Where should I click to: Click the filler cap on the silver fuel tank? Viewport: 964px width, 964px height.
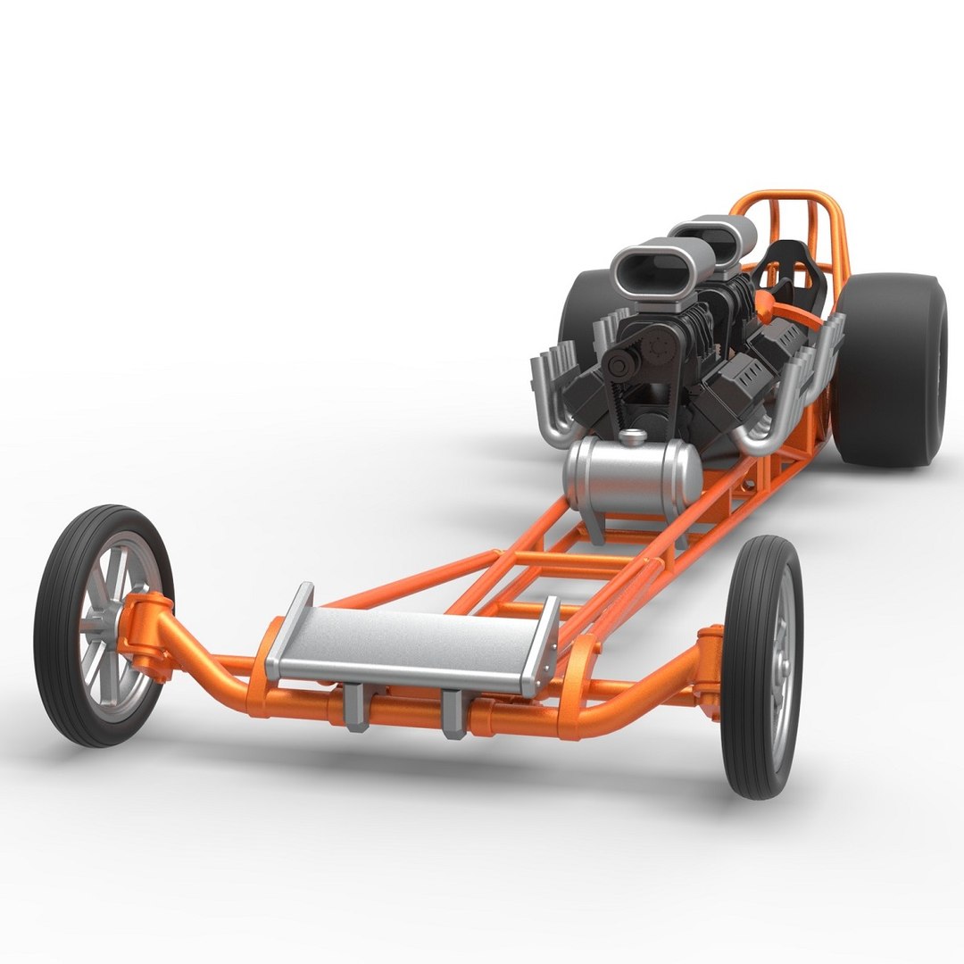coord(633,436)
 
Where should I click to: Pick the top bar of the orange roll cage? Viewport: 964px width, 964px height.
coord(785,194)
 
